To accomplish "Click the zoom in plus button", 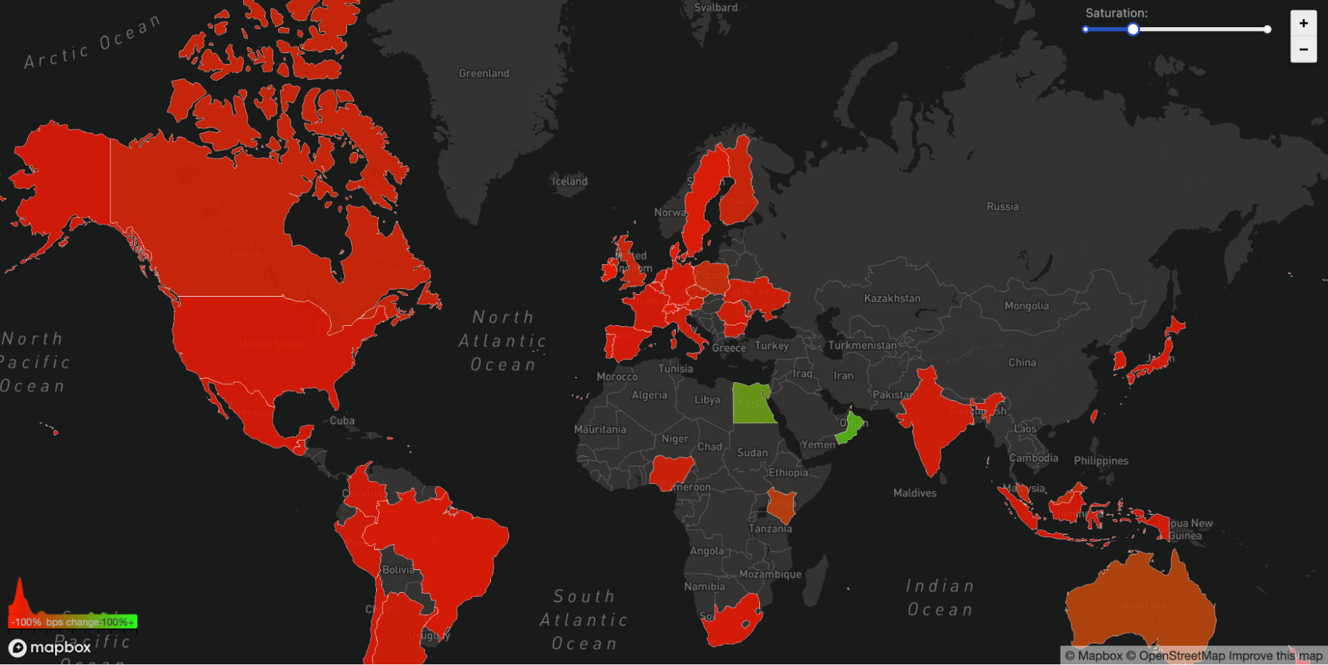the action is pos(1303,23).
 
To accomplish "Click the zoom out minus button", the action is pos(1303,49).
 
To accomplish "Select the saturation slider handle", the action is pos(1133,29).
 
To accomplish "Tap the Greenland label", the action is pos(484,73).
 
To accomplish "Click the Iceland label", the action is pos(569,181).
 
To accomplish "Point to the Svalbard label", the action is pos(715,8).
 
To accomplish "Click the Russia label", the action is pos(1002,206).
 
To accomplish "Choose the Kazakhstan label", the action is pos(892,299).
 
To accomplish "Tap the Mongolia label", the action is pos(1026,306).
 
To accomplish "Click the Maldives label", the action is pos(915,493).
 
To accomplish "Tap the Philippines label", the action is pos(1101,461).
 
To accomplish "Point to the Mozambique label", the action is pos(770,574).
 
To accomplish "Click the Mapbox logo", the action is pos(50,647).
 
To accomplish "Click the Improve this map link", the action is pos(1276,656).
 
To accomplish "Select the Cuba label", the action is pos(342,421).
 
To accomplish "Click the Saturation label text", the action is pos(1116,13).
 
